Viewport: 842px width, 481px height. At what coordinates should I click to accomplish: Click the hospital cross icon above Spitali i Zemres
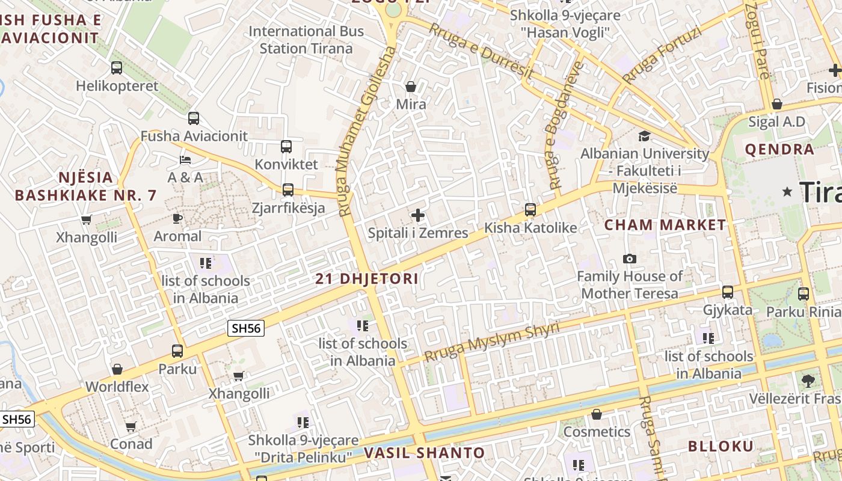418,215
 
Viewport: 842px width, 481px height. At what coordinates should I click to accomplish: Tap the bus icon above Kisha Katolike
530,210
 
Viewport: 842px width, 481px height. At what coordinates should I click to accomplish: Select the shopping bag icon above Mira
411,87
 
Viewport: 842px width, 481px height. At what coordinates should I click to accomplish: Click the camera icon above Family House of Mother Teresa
630,259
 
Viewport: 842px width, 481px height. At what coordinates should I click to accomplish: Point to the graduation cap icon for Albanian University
644,136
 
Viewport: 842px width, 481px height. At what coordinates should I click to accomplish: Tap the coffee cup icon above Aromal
177,218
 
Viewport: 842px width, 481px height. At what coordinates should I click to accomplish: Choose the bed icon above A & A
185,160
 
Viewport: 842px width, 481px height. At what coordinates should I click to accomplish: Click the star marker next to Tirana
787,191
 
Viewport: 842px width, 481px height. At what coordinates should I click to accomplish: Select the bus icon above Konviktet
286,146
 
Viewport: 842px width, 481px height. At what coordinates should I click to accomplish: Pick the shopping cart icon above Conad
131,427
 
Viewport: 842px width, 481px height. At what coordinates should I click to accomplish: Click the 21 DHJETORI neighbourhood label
367,279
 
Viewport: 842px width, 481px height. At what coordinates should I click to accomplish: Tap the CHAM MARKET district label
665,225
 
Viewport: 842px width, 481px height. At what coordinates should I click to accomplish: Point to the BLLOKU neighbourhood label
720,446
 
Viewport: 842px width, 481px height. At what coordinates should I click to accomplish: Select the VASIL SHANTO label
424,453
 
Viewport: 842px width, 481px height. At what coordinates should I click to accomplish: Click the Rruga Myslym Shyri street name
491,342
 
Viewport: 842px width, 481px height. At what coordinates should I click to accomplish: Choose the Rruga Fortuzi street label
662,56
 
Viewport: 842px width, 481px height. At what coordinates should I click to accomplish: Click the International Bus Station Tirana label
306,40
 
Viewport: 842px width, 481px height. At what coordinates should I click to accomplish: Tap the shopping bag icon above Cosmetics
597,414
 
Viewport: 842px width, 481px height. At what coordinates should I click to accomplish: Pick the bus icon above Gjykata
728,292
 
